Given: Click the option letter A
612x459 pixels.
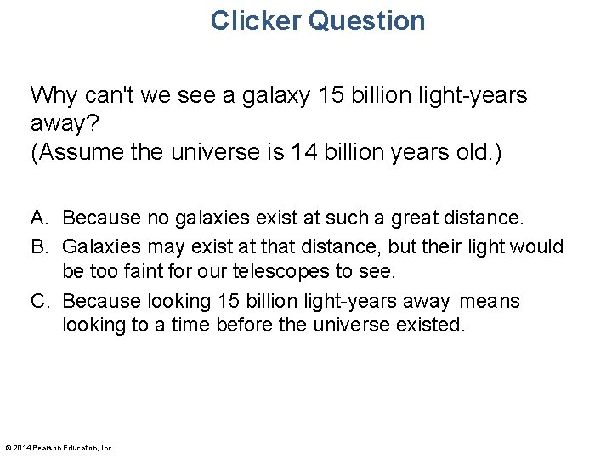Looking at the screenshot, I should click(38, 218).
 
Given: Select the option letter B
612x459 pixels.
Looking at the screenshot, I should click(38, 246).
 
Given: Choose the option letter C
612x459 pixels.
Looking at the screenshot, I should click(39, 301).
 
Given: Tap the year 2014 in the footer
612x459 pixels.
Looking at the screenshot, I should click(21, 448).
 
